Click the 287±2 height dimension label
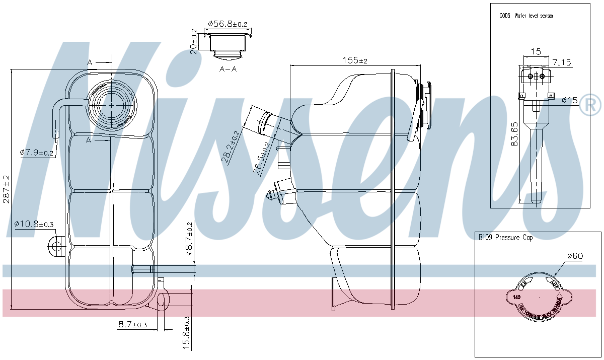coord(6,189)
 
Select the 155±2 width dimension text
coord(355,60)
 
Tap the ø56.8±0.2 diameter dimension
coord(228,24)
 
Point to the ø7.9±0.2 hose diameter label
coord(37,153)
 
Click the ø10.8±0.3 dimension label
coord(34,223)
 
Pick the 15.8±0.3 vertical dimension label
coord(187,333)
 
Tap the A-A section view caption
coord(228,69)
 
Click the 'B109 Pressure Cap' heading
coord(506,238)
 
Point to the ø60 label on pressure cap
coord(574,256)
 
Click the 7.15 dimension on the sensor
coord(561,62)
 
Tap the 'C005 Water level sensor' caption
coord(526,16)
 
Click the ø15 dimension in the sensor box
coord(570,100)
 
